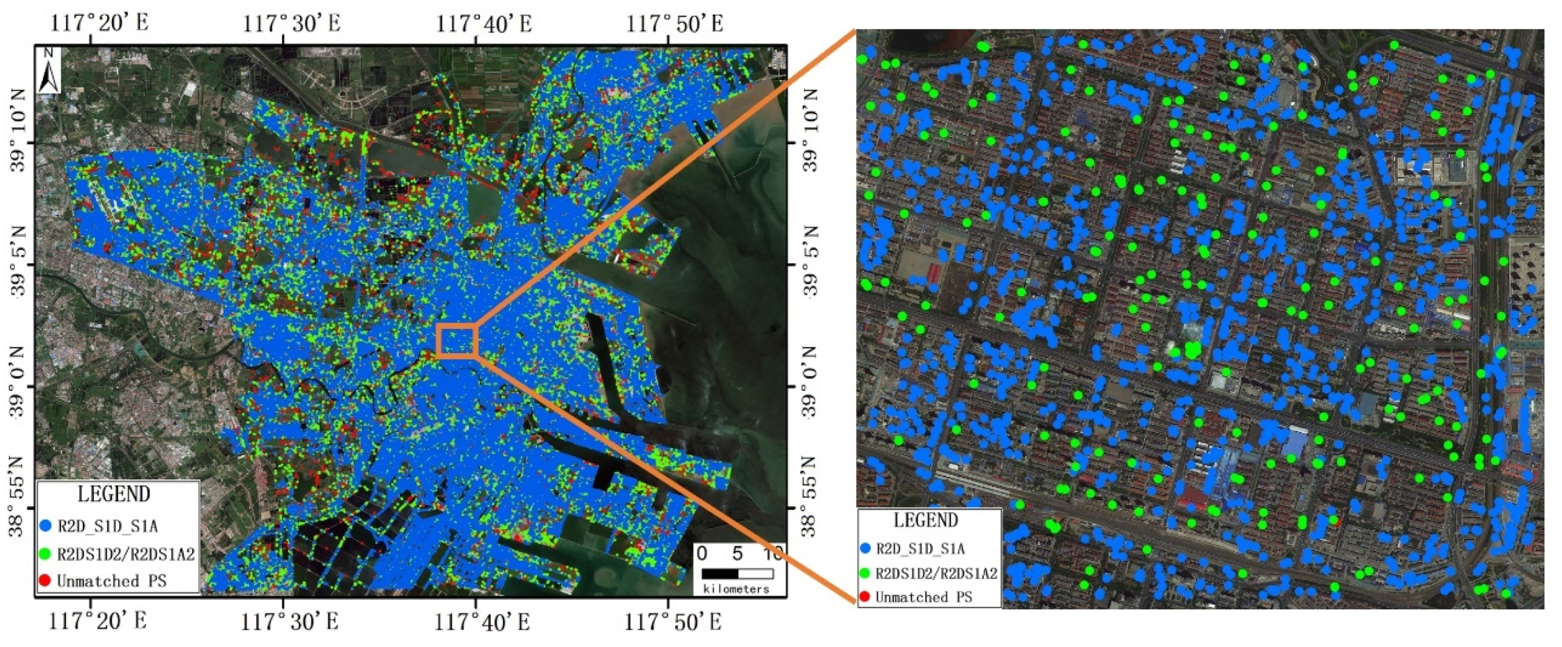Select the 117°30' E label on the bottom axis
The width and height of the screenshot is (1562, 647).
click(290, 621)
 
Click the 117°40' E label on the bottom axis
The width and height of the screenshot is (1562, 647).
click(482, 621)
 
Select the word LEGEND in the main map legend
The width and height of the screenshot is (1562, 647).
click(114, 494)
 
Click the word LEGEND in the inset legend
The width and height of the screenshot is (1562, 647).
click(926, 520)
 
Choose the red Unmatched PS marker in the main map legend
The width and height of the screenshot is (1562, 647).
click(45, 580)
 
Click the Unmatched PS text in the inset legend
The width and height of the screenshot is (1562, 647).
click(924, 597)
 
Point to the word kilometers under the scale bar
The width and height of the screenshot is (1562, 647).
click(736, 588)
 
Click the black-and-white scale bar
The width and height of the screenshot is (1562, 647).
click(737, 573)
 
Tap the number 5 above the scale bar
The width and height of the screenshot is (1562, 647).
click(737, 553)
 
